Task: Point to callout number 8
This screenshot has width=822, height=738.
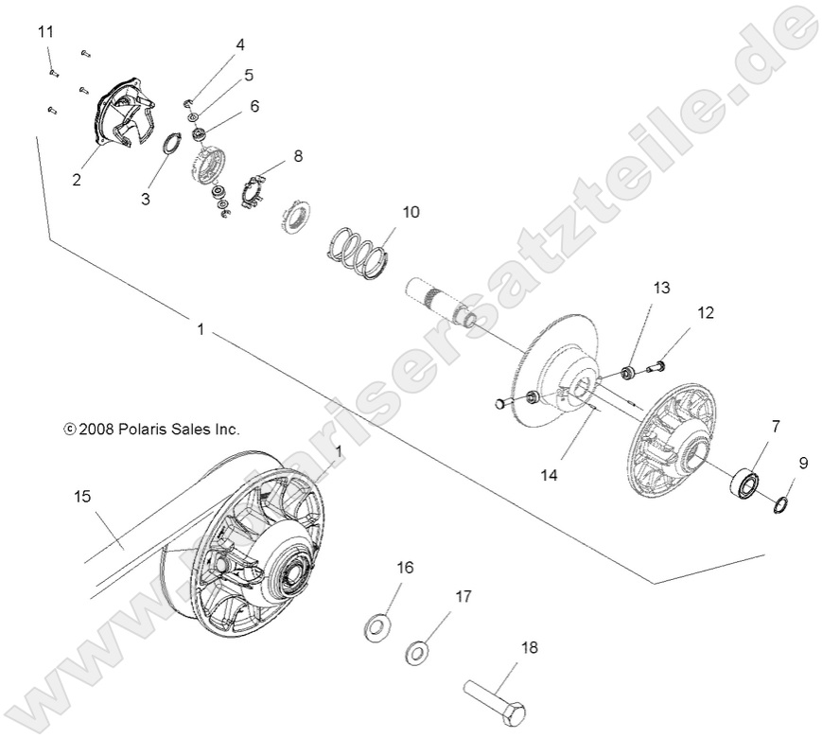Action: (x=298, y=157)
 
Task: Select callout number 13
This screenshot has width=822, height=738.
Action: (x=660, y=287)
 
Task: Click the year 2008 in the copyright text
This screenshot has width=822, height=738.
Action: (x=97, y=429)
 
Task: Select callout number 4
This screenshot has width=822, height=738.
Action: (x=240, y=44)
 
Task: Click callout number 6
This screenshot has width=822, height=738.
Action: (x=254, y=107)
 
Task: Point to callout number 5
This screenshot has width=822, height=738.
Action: (x=249, y=74)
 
